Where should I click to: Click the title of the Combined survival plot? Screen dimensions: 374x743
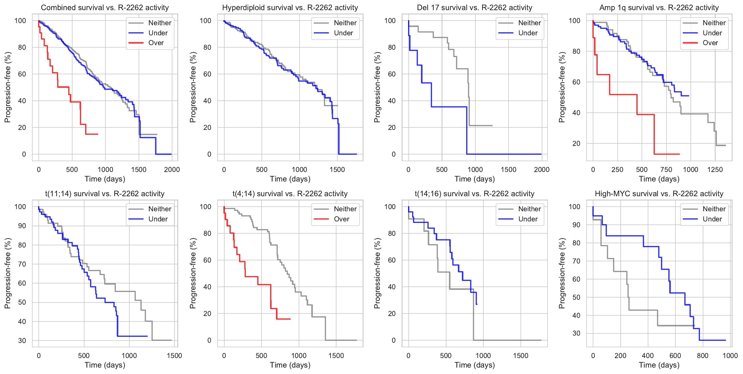point(105,8)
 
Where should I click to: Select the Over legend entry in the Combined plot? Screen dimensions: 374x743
point(156,43)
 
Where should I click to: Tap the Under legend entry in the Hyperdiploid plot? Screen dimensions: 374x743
point(343,33)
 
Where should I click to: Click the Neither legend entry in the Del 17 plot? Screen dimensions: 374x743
point(529,23)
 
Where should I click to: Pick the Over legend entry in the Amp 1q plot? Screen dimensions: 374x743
point(710,43)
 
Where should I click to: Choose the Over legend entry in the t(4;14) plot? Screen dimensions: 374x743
point(341,219)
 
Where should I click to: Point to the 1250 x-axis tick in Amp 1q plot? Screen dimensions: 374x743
point(715,169)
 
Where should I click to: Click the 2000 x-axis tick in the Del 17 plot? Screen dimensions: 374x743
point(541,169)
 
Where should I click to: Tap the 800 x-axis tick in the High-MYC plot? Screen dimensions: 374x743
point(702,356)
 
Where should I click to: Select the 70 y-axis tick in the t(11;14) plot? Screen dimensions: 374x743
point(22,264)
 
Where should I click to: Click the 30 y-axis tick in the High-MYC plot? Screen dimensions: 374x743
point(576,333)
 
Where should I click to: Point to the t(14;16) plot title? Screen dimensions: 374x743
point(474,194)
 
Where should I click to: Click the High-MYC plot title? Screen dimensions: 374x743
point(659,194)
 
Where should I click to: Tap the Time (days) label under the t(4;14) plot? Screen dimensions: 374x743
point(290,365)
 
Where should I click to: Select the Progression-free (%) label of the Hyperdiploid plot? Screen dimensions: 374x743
point(193,87)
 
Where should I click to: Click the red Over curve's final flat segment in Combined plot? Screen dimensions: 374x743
point(92,134)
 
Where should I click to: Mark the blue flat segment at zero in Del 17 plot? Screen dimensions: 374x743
point(504,154)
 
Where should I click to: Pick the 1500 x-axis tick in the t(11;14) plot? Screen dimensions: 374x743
point(174,356)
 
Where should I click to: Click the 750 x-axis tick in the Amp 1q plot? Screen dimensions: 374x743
point(666,169)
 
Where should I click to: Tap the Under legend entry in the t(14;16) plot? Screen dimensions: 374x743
point(528,219)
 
